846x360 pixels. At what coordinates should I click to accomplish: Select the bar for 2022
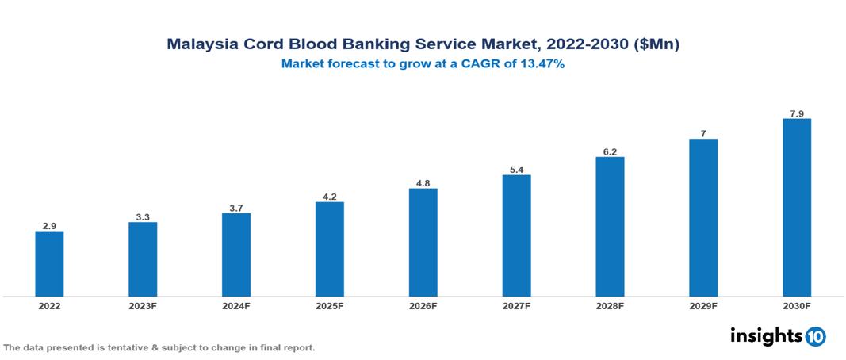pos(49,264)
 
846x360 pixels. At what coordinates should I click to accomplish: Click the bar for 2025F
pos(329,249)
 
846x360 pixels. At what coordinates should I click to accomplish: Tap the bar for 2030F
pos(796,208)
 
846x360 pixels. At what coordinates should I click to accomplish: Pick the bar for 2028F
pos(610,227)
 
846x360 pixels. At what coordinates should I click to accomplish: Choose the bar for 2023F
pos(143,259)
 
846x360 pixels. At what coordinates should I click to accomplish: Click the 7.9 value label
pos(796,113)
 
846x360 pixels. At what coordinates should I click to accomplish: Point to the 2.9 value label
pos(49,226)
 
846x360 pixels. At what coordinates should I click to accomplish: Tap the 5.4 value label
pos(516,170)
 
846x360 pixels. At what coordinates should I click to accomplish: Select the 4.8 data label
pos(423,183)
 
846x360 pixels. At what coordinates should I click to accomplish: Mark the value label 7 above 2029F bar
pos(703,134)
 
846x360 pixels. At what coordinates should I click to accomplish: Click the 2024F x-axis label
pos(236,306)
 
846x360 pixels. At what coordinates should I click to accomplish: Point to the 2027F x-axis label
pos(516,306)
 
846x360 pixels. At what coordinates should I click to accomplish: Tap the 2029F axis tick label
pos(703,306)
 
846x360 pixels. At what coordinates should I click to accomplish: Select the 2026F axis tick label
pos(423,306)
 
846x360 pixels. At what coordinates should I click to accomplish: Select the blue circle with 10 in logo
pos(815,336)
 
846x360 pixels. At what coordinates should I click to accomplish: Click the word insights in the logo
pos(766,335)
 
